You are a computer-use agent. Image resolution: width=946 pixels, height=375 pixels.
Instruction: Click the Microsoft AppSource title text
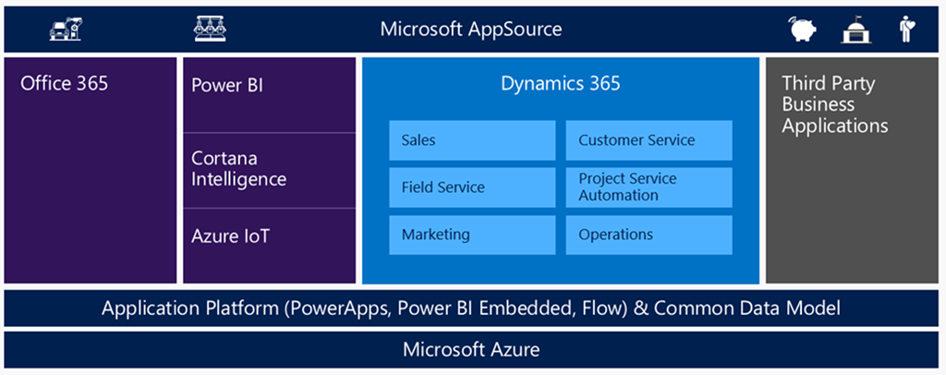pyautogui.click(x=470, y=30)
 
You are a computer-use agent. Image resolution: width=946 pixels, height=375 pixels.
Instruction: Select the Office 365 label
pyautogui.click(x=64, y=84)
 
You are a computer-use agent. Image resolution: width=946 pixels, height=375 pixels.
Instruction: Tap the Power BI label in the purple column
pyautogui.click(x=227, y=86)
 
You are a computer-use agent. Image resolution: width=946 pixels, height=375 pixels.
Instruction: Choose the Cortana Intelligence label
pyautogui.click(x=239, y=169)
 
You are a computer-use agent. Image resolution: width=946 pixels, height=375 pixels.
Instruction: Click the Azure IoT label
pyautogui.click(x=230, y=236)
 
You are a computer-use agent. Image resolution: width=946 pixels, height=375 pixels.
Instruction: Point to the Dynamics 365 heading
pyautogui.click(x=560, y=84)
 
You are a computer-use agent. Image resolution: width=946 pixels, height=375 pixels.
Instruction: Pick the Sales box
pyautogui.click(x=472, y=140)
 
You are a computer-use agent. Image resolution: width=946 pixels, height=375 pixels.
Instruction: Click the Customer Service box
pyautogui.click(x=649, y=140)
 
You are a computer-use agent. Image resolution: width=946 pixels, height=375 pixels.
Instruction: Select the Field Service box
pyautogui.click(x=472, y=187)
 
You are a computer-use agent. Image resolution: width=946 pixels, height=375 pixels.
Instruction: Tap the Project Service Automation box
pyautogui.click(x=649, y=187)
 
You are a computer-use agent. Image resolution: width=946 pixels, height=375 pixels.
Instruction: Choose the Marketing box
pyautogui.click(x=472, y=235)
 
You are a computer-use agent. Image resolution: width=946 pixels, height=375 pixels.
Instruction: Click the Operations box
pyautogui.click(x=649, y=235)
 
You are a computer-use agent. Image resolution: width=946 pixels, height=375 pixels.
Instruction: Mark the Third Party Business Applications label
pyautogui.click(x=834, y=104)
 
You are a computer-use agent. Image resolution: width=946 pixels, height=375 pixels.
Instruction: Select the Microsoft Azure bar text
pyautogui.click(x=471, y=350)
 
